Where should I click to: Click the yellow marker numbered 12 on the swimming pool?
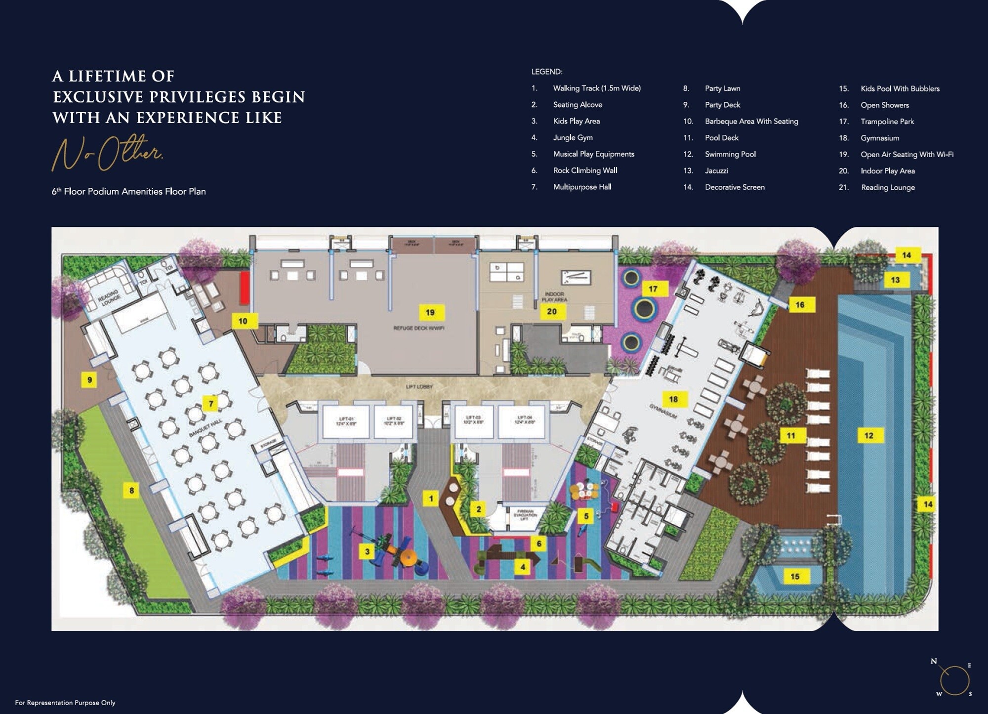click(x=868, y=435)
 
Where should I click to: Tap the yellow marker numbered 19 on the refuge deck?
click(x=430, y=312)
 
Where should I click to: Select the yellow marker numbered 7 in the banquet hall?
click(x=211, y=404)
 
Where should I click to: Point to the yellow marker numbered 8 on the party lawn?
click(x=131, y=490)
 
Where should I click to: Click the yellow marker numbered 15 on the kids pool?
click(x=794, y=576)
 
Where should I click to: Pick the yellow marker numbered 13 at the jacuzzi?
click(x=895, y=280)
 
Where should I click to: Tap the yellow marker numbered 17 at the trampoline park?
click(x=653, y=289)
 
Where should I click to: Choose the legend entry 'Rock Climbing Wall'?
click(x=585, y=170)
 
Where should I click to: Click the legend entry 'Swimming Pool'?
click(x=730, y=154)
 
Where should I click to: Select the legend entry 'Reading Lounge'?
click(x=888, y=187)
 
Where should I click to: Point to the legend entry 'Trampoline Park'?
click(x=887, y=122)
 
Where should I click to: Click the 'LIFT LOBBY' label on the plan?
click(x=419, y=386)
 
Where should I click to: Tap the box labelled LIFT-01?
click(x=346, y=421)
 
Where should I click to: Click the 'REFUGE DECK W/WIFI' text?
click(x=418, y=328)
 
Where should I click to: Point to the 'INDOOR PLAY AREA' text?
click(x=554, y=296)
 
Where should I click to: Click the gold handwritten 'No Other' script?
click(x=107, y=153)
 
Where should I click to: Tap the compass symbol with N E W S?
click(x=954, y=679)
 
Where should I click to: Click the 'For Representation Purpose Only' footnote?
click(x=65, y=703)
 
